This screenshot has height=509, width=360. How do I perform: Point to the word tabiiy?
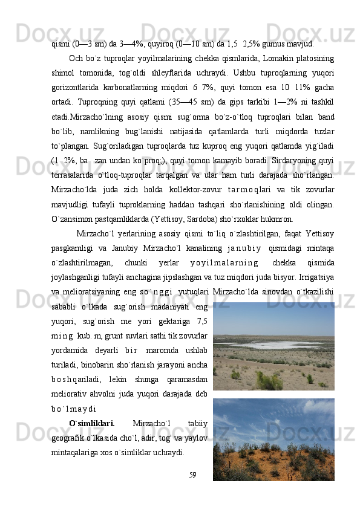click(x=198, y=421)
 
